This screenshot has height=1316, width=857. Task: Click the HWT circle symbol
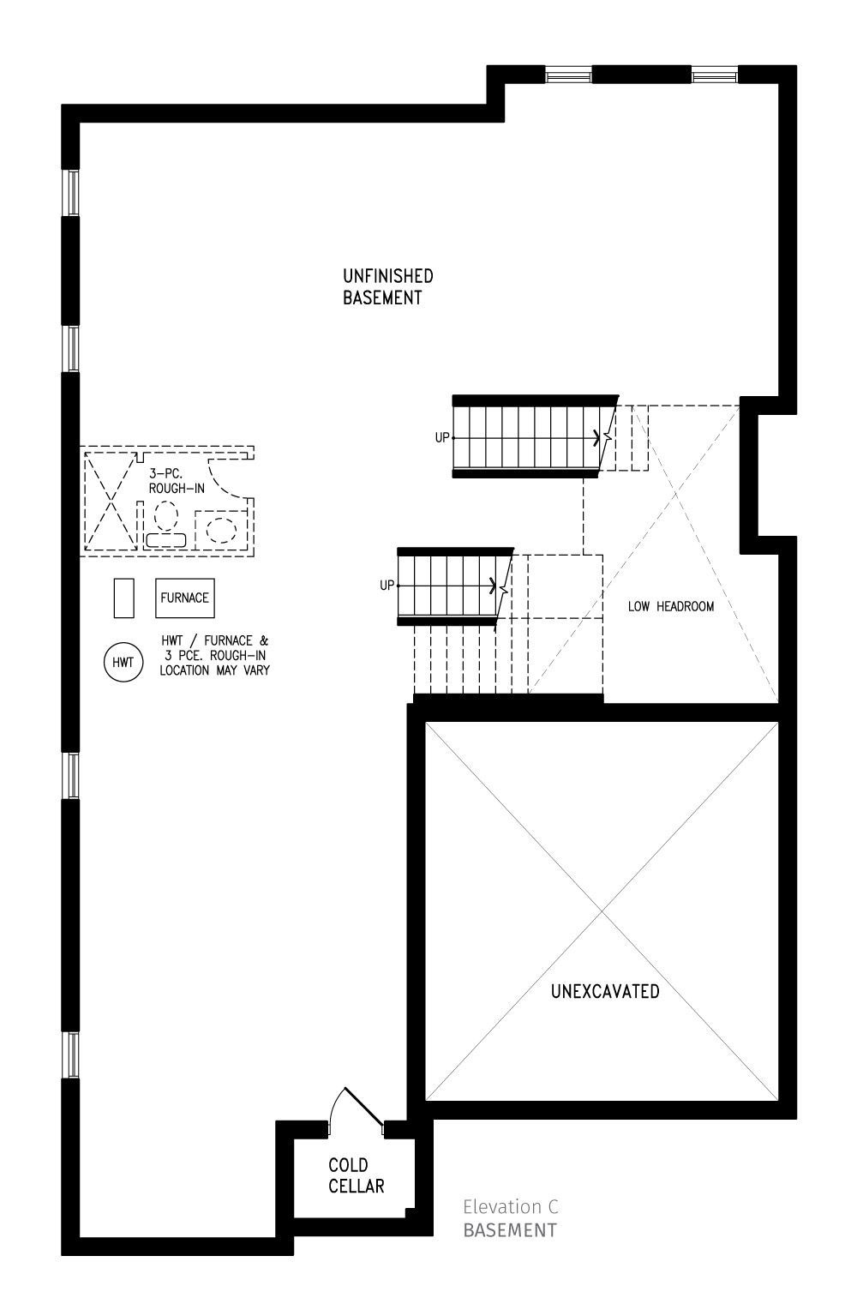(x=123, y=662)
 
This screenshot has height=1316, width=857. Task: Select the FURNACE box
(x=184, y=598)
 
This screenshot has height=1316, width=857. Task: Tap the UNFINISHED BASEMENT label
(x=387, y=286)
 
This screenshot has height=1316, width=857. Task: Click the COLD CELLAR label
(x=356, y=1175)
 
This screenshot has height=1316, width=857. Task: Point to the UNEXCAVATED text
(x=605, y=991)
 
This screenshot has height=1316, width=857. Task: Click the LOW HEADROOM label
(x=670, y=606)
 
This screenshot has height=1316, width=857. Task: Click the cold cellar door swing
(x=358, y=1107)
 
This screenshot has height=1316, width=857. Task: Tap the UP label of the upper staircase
(x=442, y=437)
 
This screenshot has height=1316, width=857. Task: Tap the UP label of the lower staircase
(x=387, y=586)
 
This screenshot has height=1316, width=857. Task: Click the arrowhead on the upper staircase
(x=596, y=437)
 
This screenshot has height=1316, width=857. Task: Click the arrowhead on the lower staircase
(x=492, y=586)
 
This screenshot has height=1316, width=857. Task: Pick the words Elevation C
(x=511, y=1207)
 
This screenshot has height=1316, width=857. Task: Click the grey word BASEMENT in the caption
(x=510, y=1230)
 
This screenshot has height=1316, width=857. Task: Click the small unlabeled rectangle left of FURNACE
(x=124, y=598)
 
